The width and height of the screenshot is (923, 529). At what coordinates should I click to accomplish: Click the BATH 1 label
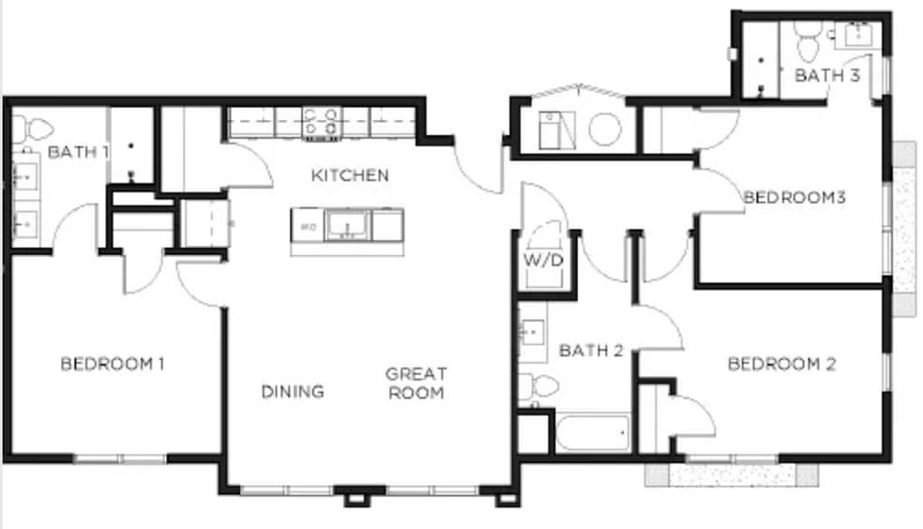point(78,152)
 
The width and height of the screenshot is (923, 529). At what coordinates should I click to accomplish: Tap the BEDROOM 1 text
point(113,364)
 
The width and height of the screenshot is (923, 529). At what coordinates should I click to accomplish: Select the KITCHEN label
point(350,174)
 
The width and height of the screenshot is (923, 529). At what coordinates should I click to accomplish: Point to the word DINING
point(293,391)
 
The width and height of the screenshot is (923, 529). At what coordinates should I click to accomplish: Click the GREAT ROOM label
point(416,383)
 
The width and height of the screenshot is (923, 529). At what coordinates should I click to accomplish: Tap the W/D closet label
point(543,260)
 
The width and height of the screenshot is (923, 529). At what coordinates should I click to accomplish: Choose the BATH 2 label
point(591,351)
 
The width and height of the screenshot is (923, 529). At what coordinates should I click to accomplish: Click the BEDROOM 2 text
point(781,364)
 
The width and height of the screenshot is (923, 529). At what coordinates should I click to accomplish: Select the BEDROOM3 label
point(794,197)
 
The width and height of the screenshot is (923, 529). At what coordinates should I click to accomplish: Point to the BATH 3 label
point(827,75)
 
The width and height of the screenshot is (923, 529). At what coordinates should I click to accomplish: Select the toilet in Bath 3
point(807,41)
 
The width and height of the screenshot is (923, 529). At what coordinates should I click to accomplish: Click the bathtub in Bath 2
point(593,433)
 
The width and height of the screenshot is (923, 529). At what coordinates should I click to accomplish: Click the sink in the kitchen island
point(347,225)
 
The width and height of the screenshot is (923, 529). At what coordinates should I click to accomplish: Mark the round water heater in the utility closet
point(605,129)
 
